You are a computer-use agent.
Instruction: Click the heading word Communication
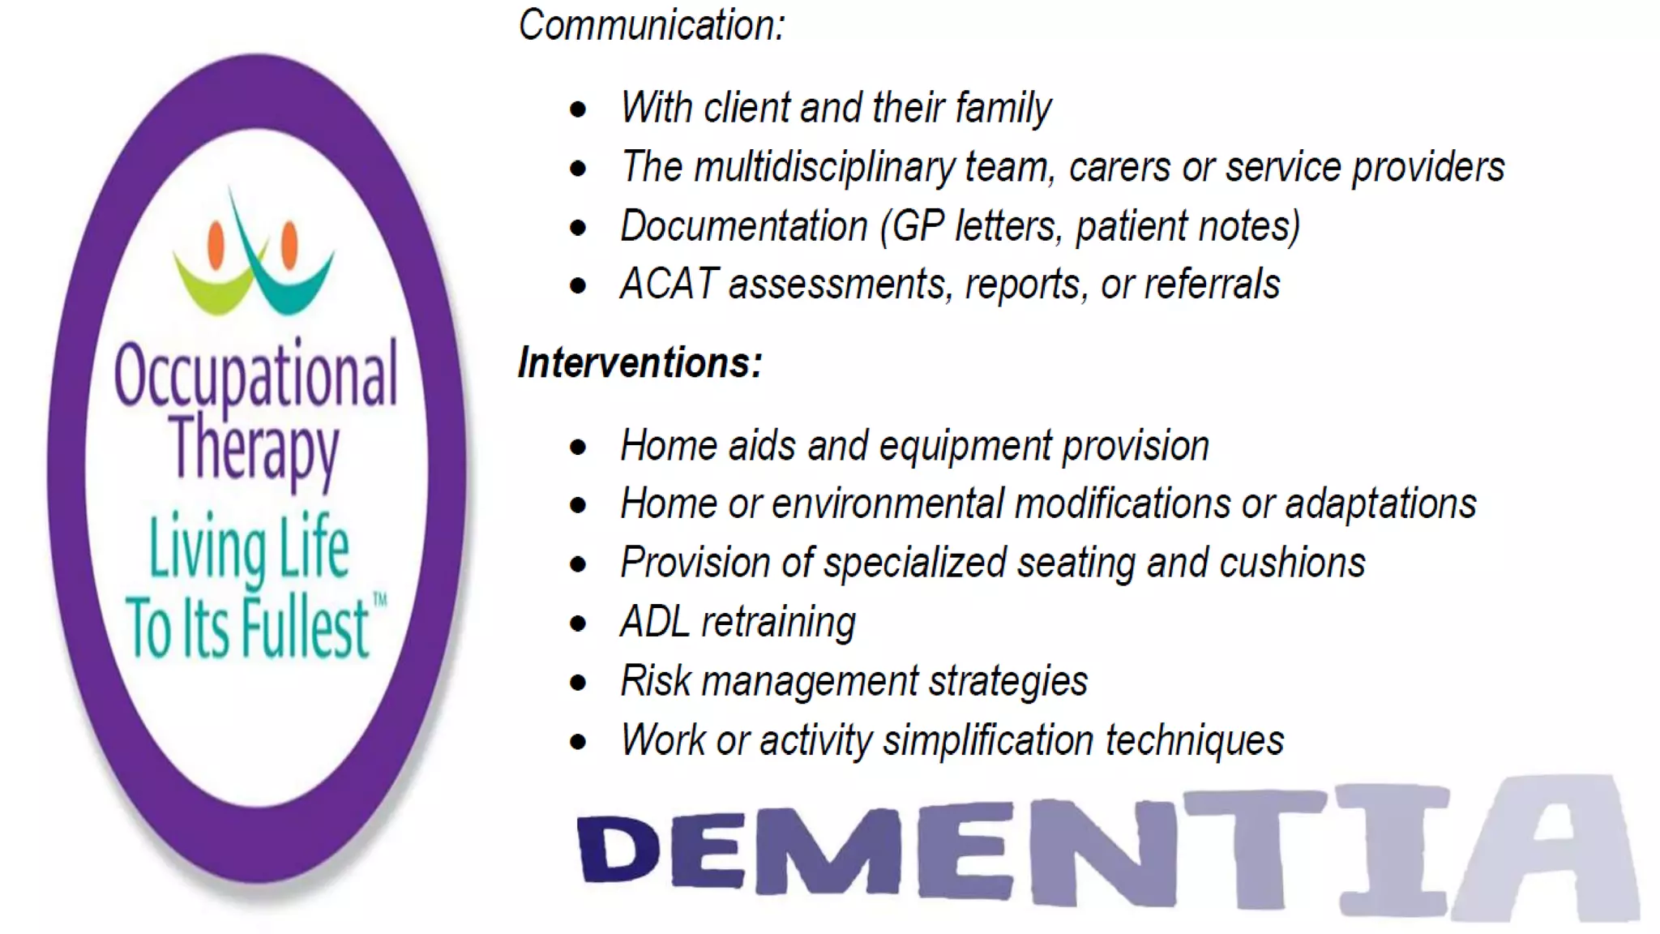click(651, 25)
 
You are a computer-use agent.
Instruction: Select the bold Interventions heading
click(640, 362)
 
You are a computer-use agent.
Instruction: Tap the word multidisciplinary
click(824, 167)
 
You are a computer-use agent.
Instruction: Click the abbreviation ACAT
click(669, 285)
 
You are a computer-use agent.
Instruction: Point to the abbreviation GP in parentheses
click(918, 226)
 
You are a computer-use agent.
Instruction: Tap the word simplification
click(988, 741)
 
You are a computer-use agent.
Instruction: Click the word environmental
click(888, 504)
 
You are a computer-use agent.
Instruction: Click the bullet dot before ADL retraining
click(578, 623)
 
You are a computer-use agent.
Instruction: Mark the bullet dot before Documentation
click(578, 228)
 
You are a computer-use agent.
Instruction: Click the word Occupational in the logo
click(255, 375)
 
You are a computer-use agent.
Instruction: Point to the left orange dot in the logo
click(216, 244)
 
